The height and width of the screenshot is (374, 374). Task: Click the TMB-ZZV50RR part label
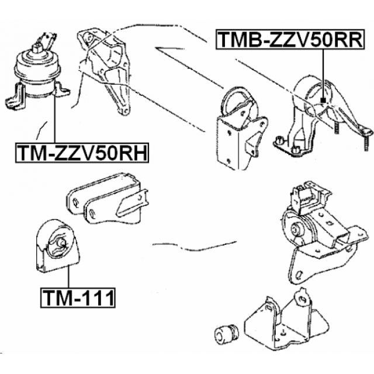click(290, 39)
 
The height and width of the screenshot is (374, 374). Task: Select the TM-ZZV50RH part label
click(82, 153)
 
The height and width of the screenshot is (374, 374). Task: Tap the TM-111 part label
click(78, 297)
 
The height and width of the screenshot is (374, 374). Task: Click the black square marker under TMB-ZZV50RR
click(323, 101)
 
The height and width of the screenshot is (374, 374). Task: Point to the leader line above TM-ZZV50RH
click(54, 119)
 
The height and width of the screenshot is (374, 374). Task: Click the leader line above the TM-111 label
click(69, 276)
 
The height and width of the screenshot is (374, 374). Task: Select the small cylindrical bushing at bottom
click(226, 332)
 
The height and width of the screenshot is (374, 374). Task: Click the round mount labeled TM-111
click(58, 246)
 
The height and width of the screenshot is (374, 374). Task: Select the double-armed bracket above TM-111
click(108, 199)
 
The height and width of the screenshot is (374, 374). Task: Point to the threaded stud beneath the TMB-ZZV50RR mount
click(337, 127)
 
